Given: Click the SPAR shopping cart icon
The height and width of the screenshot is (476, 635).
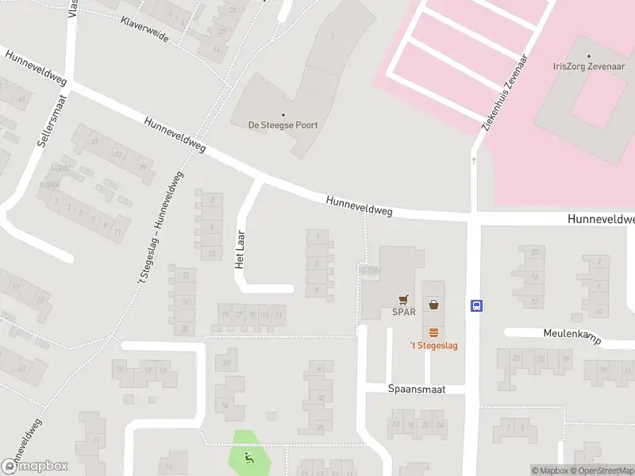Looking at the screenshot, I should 404,299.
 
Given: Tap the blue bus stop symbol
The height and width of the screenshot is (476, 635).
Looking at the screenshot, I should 477,305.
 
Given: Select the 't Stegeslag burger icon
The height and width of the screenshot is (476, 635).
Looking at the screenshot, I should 433,332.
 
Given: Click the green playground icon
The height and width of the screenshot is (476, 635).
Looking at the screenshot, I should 248,457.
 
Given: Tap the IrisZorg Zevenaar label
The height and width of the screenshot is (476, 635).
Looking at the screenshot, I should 588,67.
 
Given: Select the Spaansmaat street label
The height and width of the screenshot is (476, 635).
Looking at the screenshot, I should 417,390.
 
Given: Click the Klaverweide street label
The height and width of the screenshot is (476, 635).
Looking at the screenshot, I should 145,29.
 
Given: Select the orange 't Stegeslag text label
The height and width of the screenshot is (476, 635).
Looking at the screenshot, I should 433,345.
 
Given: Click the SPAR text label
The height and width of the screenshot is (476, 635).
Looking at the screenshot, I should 404,312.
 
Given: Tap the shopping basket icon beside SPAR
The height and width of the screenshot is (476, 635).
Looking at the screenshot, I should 433,304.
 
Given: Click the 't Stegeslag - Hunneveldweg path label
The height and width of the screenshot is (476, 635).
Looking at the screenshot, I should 157,230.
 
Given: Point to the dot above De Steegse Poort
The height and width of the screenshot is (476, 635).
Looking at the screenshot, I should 283,114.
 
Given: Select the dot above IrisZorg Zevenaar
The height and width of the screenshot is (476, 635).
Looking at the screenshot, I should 588,56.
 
